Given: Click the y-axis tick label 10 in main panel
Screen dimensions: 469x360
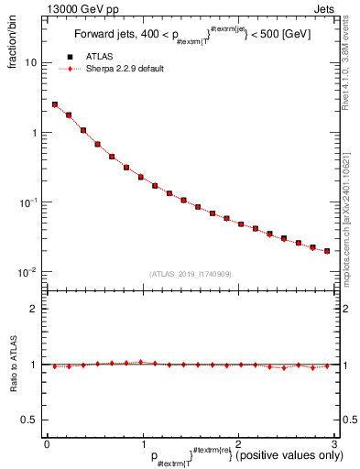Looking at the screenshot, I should tap(31, 62).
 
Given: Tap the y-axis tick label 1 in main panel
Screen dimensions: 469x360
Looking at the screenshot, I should tap(35, 133).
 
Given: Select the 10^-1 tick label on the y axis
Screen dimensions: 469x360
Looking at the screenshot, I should tap(29, 202).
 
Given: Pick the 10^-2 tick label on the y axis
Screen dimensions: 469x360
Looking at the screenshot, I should tap(29, 272).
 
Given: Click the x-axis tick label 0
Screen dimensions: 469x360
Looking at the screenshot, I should tap(47, 443).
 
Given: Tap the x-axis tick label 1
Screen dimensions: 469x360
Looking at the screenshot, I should tap(142, 443).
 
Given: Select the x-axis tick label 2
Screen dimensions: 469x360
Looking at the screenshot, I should tap(238, 443).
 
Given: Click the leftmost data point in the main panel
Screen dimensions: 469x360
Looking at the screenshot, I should tap(54, 104).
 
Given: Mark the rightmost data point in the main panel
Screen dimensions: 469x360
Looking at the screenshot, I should tap(327, 251).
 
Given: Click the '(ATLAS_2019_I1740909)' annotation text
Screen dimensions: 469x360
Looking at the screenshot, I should tap(191, 274).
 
